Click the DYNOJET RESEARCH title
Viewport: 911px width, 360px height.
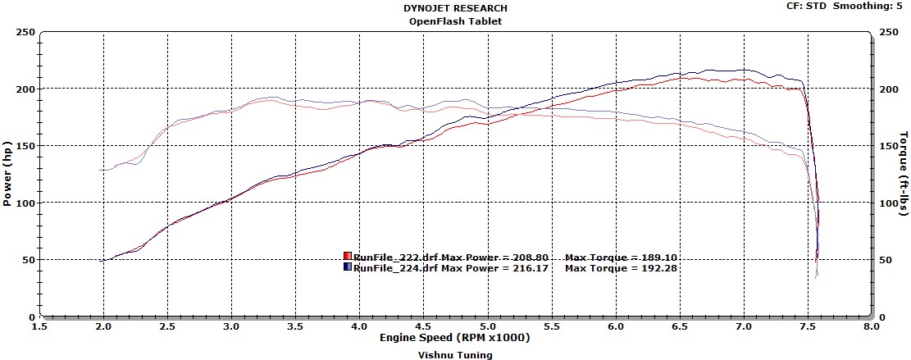pos(455,9)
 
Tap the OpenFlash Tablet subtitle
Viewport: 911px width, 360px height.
pos(455,21)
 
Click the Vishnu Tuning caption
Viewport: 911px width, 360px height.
pos(455,355)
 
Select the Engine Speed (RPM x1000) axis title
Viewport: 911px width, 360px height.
pos(455,338)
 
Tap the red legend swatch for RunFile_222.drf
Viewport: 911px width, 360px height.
pos(348,257)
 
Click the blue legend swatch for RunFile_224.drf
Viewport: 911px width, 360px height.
pos(348,267)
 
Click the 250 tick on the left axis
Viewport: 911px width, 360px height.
pos(25,32)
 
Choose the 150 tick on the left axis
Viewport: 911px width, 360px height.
pos(25,146)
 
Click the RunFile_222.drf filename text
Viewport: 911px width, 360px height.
pos(395,257)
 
